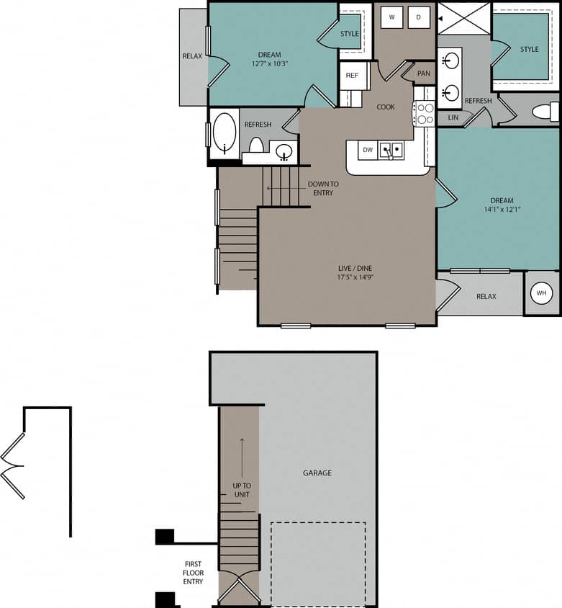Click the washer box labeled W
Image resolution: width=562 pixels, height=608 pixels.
tap(391, 17)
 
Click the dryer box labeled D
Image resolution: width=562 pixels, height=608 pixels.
tap(419, 17)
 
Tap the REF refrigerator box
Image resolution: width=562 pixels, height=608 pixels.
tap(353, 76)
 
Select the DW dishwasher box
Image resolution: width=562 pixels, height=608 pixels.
tap(367, 150)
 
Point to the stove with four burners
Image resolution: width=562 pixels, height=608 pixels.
tap(424, 114)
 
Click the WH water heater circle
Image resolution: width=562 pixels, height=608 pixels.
tap(541, 293)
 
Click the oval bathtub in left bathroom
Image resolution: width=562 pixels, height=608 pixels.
tap(225, 133)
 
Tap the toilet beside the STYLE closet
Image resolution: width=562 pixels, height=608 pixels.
tap(545, 112)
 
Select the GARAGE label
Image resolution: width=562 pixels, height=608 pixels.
tap(317, 473)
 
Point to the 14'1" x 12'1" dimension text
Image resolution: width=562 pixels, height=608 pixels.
tap(502, 210)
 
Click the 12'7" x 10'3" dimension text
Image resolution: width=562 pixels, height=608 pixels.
tap(270, 64)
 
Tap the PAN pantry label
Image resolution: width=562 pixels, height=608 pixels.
tap(424, 73)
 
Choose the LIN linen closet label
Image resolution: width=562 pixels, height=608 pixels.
tap(453, 117)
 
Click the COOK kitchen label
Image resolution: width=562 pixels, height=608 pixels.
tap(386, 107)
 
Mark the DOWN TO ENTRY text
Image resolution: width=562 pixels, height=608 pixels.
tap(323, 188)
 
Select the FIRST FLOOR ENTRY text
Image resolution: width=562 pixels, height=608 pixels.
tap(193, 573)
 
